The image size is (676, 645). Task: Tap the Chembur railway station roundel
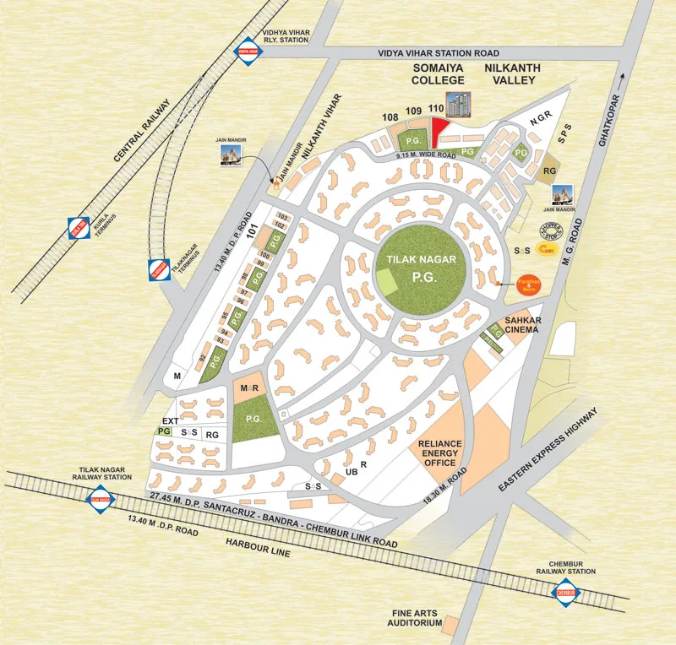(x=565, y=594)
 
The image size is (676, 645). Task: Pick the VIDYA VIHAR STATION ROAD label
(x=432, y=52)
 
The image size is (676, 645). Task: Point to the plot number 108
(x=390, y=117)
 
